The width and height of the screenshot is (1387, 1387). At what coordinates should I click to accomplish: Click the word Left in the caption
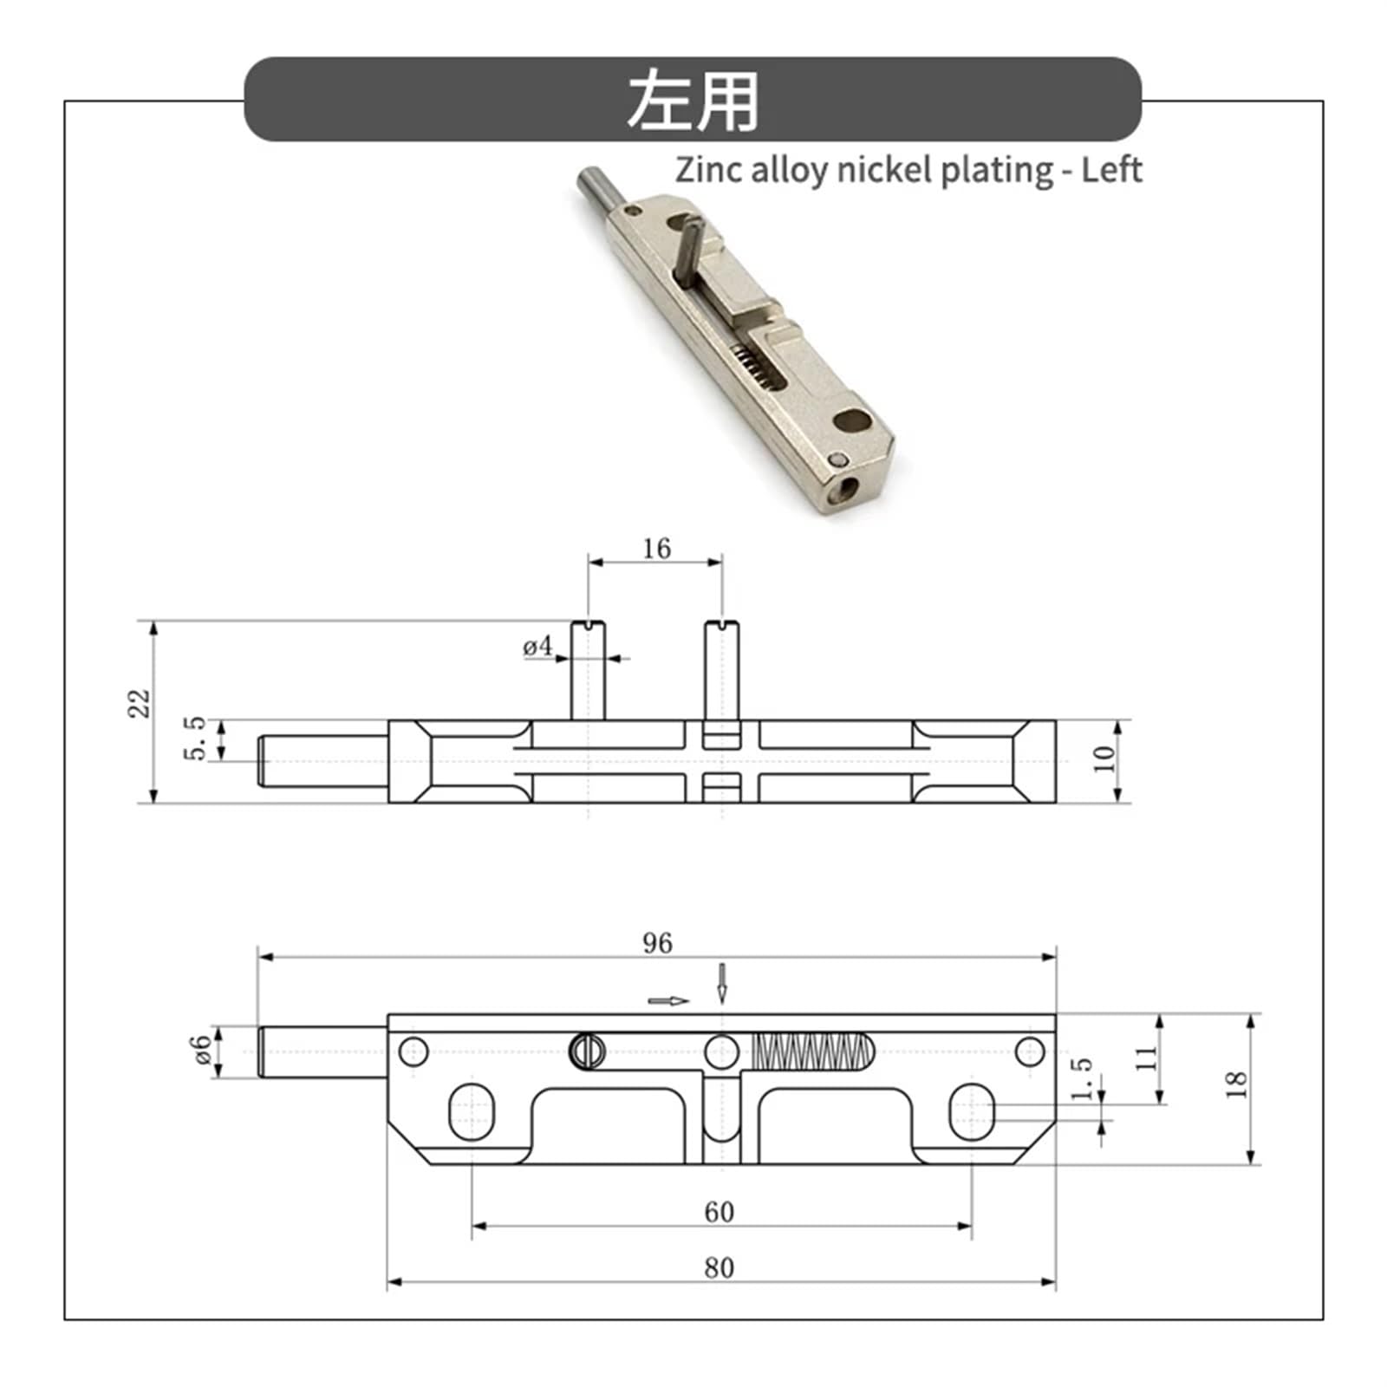pos(1111,170)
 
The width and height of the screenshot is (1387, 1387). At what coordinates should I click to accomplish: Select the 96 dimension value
pos(657,943)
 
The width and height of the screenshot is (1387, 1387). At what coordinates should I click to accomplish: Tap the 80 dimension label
pos(719,1268)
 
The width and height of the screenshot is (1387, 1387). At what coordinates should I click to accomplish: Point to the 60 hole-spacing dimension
pos(719,1212)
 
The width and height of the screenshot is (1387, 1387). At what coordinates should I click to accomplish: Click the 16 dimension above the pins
pos(656,549)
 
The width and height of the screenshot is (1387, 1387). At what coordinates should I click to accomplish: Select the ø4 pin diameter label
pos(537,647)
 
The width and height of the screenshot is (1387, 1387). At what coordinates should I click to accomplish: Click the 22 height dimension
pos(140,702)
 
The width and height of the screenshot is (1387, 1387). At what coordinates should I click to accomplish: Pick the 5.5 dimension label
pos(196,739)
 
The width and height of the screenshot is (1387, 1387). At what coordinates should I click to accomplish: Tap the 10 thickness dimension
pos(1104,759)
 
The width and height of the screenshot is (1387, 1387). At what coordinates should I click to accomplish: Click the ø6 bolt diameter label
pos(201,1050)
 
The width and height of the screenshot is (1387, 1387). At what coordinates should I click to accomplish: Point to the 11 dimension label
pos(1145,1058)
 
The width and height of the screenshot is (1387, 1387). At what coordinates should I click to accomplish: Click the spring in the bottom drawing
pos(811,1052)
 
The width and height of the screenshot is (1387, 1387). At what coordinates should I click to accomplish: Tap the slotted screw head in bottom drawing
pos(587,1052)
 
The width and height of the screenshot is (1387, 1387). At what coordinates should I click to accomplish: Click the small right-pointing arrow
pos(668,1001)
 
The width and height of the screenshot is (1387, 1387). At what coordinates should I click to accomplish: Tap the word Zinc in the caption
pos(708,170)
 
